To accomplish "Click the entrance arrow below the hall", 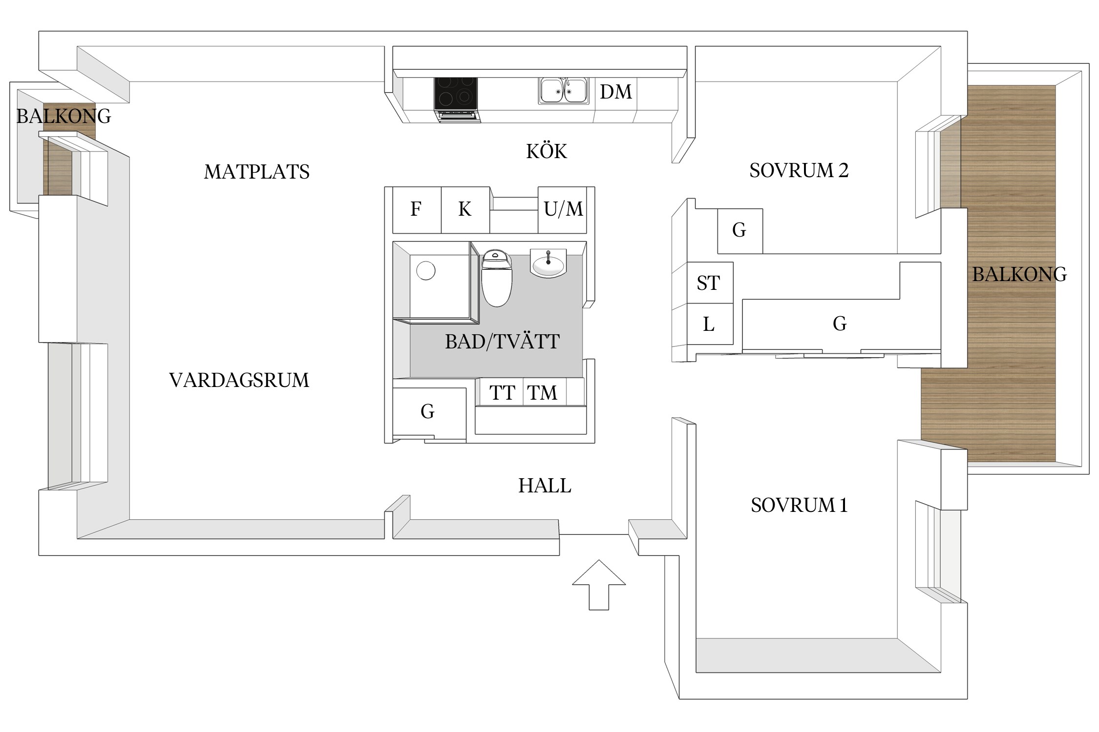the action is tap(599, 585).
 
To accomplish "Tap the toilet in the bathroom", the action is tap(496, 278).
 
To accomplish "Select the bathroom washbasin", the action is tap(548, 264).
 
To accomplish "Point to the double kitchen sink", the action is tap(563, 91).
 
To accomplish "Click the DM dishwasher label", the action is tap(616, 92).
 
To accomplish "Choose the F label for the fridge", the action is tap(416, 209).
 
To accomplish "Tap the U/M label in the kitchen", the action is tap(563, 209).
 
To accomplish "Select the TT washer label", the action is tap(502, 393).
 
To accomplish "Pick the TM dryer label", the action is tap(542, 393).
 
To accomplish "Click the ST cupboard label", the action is tap(708, 283).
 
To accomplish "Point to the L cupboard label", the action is tap(709, 324).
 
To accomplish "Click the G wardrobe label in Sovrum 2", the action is tap(739, 230).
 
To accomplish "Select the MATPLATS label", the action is tap(256, 172).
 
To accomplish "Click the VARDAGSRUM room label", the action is tap(239, 380).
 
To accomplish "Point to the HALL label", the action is tap(545, 486).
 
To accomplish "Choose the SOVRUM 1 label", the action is tap(799, 505).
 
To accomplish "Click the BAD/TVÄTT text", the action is tap(502, 342).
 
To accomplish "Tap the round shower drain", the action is tap(425, 270).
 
